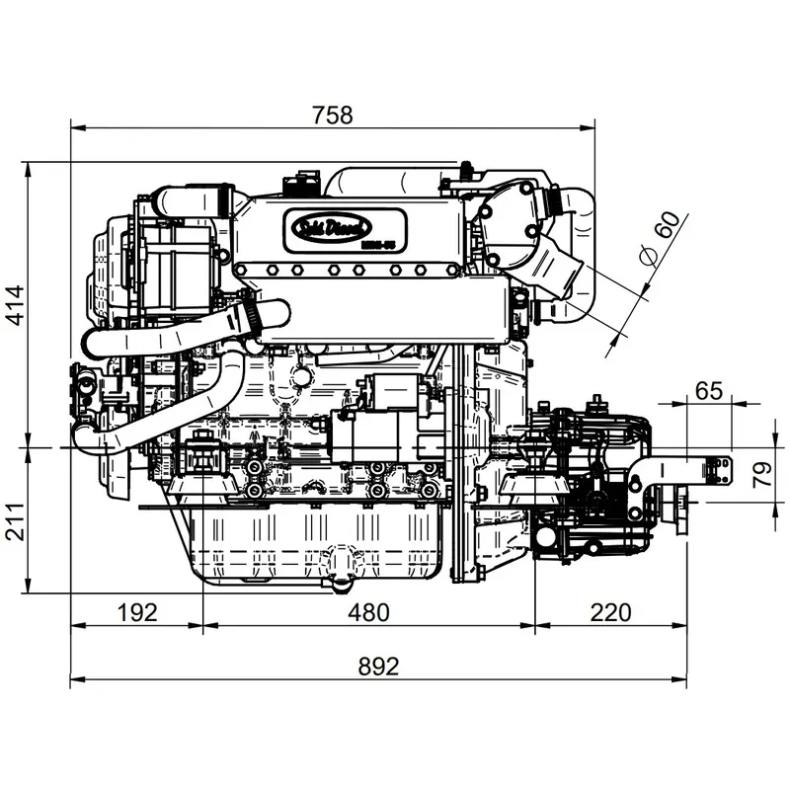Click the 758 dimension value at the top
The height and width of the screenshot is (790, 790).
pos(332,115)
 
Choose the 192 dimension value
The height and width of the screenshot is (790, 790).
pos(136,612)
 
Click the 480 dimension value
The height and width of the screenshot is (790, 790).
pos(368,612)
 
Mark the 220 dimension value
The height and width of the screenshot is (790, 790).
pos(610,612)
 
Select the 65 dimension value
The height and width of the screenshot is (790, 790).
pos(708,390)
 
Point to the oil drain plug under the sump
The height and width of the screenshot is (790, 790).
pos(341,582)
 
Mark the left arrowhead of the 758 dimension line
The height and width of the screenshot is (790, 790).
pos(75,126)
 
